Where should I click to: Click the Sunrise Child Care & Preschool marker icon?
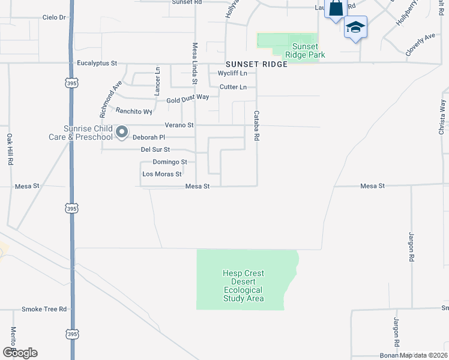pyautogui.click(x=122, y=131)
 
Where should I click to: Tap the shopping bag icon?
pyautogui.click(x=336, y=8)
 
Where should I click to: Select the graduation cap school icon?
pyautogui.click(x=355, y=27)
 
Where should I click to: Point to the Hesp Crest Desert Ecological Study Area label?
pyautogui.click(x=243, y=286)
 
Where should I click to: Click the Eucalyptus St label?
pyautogui.click(x=97, y=62)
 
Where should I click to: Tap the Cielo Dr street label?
pyautogui.click(x=54, y=17)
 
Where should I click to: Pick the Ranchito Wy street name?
pyautogui.click(x=134, y=111)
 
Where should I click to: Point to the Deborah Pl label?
pyautogui.click(x=148, y=137)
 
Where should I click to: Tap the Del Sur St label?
pyautogui.click(x=155, y=149)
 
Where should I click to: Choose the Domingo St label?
pyautogui.click(x=170, y=162)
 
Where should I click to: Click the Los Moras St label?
pyautogui.click(x=161, y=174)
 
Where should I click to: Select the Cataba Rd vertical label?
pyautogui.click(x=256, y=125)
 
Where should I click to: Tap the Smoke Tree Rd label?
pyautogui.click(x=44, y=309)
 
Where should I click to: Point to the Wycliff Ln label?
pyautogui.click(x=233, y=74)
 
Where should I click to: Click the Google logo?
pyautogui.click(x=20, y=352)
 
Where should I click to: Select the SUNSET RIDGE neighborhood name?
pyautogui.click(x=256, y=64)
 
